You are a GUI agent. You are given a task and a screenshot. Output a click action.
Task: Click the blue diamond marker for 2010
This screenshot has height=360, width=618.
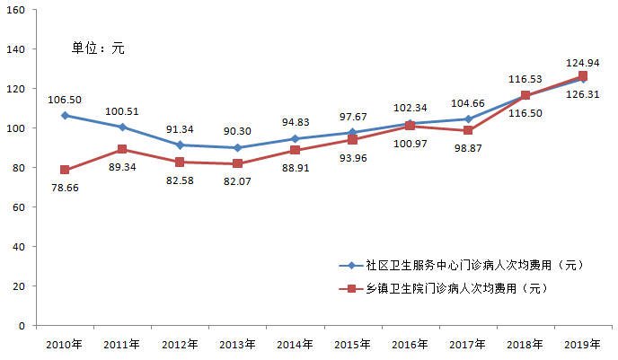(x=65, y=116)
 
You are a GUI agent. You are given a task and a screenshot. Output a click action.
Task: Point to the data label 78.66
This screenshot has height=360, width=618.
(x=63, y=189)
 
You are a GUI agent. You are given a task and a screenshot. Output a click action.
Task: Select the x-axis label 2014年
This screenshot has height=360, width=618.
(x=296, y=344)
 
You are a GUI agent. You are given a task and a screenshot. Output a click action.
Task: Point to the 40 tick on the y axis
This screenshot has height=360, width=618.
(x=18, y=247)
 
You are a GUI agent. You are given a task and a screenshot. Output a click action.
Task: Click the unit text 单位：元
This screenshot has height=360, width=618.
(x=98, y=48)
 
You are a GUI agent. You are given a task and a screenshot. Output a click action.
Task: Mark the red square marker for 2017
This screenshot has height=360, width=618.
(x=468, y=130)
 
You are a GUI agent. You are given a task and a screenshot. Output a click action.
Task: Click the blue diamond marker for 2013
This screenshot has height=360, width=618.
(x=237, y=147)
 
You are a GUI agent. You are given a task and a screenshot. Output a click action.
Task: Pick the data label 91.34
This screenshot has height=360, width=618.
(x=180, y=128)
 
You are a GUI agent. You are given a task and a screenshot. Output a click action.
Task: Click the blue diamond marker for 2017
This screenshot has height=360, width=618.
(x=468, y=119)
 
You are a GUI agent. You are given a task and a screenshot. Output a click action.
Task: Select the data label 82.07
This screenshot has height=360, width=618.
(x=235, y=181)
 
